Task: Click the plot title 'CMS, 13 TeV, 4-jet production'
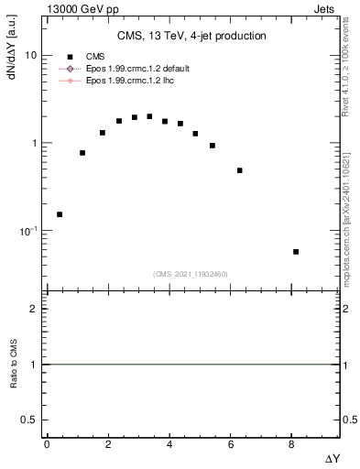191,37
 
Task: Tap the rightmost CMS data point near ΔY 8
295,252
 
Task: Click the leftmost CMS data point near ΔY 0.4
60,214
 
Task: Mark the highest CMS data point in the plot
149,116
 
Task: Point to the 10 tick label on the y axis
30,56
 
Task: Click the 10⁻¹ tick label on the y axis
27,231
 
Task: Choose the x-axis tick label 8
291,444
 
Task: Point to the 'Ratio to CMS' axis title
14,365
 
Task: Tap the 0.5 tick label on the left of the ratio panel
29,420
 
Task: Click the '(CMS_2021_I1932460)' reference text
191,274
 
